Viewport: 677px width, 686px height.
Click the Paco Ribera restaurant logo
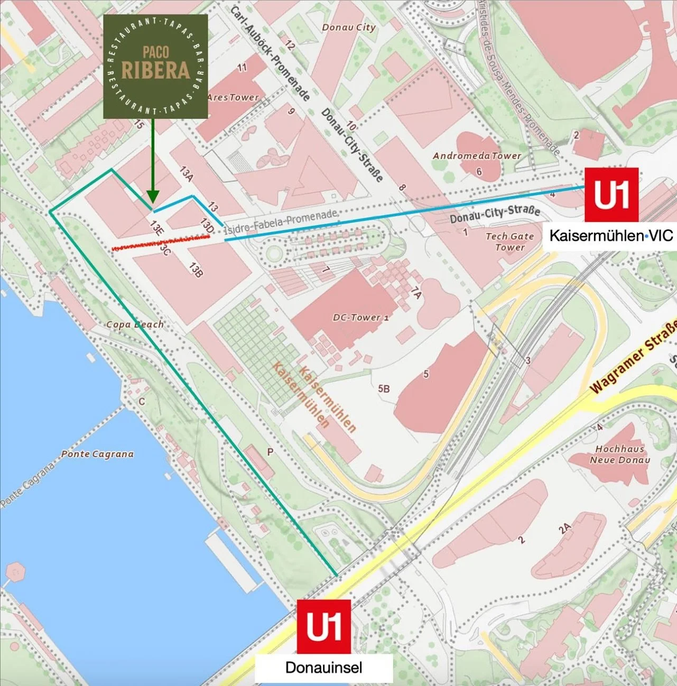[155, 66]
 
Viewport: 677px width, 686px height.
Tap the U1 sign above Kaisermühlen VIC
[611, 194]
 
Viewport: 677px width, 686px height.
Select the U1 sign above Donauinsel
[323, 626]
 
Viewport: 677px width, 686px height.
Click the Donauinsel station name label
[323, 668]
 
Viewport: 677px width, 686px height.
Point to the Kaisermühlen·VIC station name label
[611, 235]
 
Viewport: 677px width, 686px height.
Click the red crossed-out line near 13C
[161, 243]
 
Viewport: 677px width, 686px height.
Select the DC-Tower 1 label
[360, 318]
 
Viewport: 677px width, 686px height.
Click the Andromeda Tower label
[477, 156]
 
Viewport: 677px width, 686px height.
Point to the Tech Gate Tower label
[509, 242]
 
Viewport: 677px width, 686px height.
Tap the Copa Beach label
[135, 324]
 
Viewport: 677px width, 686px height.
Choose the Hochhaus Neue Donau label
[620, 454]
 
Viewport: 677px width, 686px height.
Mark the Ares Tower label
[233, 97]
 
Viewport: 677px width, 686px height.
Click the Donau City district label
[348, 27]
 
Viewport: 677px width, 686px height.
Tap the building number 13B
[196, 270]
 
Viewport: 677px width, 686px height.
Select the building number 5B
[384, 388]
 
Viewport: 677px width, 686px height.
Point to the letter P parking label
[270, 452]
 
